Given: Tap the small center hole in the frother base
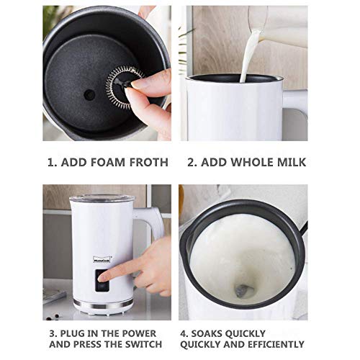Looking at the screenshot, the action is click(x=89, y=95).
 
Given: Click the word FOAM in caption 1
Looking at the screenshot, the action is click(x=102, y=162).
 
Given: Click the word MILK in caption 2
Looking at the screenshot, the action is click(x=292, y=162).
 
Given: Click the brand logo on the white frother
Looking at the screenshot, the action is click(x=102, y=260).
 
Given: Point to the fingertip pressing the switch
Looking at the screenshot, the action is click(x=102, y=278).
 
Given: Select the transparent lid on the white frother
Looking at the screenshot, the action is click(x=102, y=198).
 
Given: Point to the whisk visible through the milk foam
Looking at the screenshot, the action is click(x=243, y=290).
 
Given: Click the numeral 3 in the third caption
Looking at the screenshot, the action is click(x=53, y=333).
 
